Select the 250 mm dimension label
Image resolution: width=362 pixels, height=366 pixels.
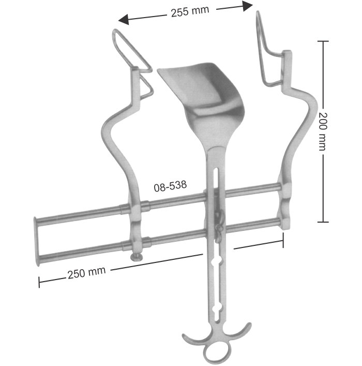pos(86,272)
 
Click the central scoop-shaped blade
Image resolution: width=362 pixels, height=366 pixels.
pos(199,88)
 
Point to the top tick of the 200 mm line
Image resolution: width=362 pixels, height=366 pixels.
pos(323,41)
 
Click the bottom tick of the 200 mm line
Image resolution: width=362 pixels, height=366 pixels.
pos(323,222)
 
